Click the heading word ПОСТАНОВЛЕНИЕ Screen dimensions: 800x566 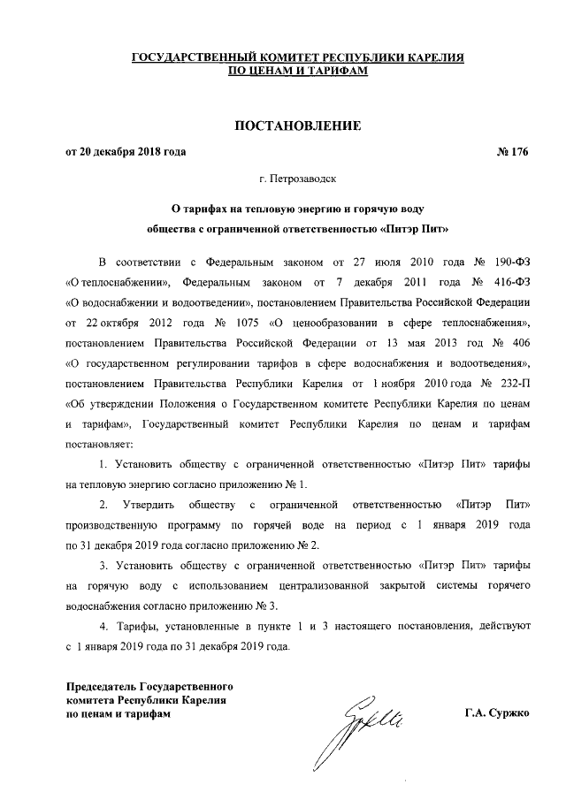(297, 128)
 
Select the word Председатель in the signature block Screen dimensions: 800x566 (103, 686)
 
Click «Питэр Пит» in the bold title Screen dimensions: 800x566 (414, 227)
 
